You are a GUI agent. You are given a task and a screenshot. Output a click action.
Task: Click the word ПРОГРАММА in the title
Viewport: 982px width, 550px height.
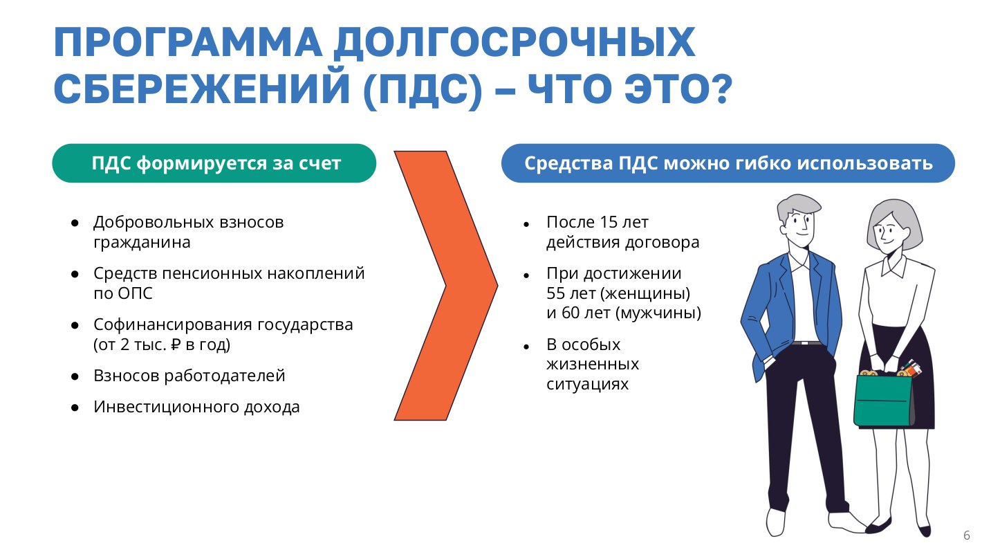(187, 42)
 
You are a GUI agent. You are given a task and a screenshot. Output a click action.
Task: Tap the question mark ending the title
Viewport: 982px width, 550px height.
(719, 89)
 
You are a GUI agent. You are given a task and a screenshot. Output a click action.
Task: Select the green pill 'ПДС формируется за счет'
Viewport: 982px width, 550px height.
(214, 163)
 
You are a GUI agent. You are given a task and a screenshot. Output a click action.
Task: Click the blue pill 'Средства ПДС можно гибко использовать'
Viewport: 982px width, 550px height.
(728, 163)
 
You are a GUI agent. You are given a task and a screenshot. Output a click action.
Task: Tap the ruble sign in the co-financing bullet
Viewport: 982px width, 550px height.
(175, 345)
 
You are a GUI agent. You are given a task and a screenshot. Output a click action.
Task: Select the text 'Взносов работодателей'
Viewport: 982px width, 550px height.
(189, 376)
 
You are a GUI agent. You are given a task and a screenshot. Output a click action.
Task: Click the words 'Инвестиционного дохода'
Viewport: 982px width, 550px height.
(196, 407)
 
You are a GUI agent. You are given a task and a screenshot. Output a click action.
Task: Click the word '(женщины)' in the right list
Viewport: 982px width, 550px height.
(646, 293)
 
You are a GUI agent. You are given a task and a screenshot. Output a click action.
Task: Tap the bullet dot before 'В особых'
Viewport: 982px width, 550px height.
(527, 347)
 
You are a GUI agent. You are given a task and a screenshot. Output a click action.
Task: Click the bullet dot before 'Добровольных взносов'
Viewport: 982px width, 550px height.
(75, 223)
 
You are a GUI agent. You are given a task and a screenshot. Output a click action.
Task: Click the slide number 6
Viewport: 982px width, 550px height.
(967, 535)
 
